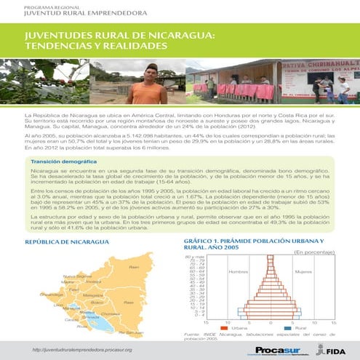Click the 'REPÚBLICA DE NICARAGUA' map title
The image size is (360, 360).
pos(64,241)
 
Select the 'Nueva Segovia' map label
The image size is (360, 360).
pos(77,276)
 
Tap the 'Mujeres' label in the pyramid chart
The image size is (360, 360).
pos(304,271)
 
